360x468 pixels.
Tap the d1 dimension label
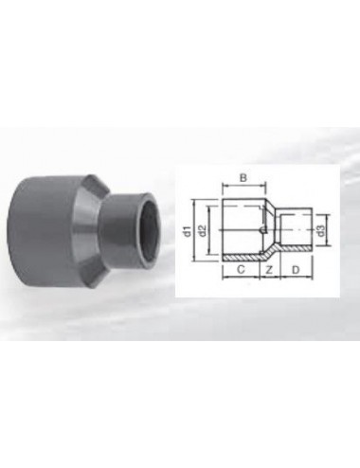pyautogui.click(x=189, y=229)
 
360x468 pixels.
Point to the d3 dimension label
pyautogui.click(x=323, y=228)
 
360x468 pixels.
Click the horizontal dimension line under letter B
pyautogui.click(x=243, y=186)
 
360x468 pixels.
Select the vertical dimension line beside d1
pyautogui.click(x=195, y=229)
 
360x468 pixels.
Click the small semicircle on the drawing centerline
pyautogui.click(x=261, y=229)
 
